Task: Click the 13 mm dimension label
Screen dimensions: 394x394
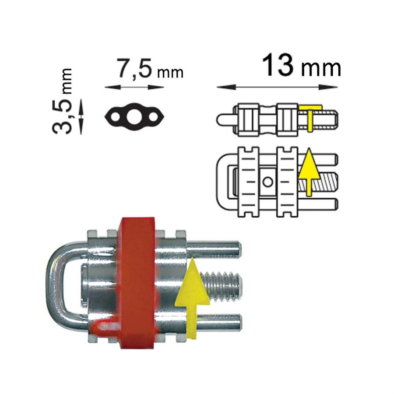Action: pos(302,65)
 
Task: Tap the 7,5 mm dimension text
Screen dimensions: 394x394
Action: pos(150,69)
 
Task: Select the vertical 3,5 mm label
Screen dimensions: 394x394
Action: pos(62,101)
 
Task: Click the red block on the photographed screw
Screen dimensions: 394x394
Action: pos(137,283)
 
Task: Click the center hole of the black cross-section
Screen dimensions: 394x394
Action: pos(134,117)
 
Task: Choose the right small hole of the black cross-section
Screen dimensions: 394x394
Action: pos(153,117)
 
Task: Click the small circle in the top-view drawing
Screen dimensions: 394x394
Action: pos(268,182)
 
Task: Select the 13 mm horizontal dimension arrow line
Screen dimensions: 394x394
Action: pos(277,87)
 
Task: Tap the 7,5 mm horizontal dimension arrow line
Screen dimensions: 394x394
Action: pos(134,87)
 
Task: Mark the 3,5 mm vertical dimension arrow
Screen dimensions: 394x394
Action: pos(81,116)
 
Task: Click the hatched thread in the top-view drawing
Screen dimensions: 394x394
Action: pos(324,181)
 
